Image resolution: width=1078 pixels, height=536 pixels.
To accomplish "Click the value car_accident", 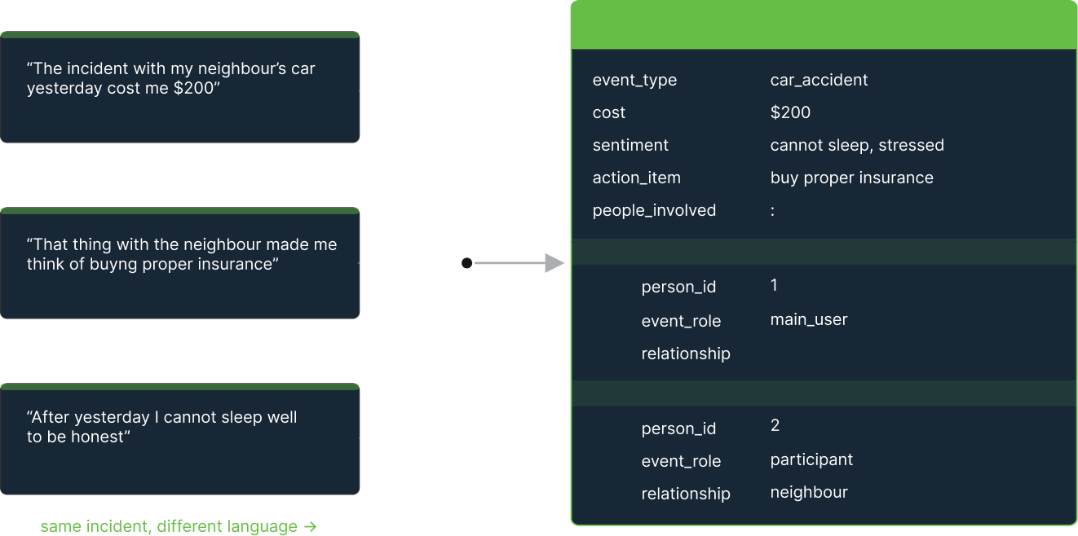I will [x=819, y=80].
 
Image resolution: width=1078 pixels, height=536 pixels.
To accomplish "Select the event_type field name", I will [x=634, y=80].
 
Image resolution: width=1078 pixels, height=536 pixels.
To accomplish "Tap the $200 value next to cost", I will [x=790, y=112].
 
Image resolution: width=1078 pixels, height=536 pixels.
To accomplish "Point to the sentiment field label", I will [x=630, y=145].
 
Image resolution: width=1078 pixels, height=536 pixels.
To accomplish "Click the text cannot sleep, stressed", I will [x=857, y=145].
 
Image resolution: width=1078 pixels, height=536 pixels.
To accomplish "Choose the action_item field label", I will [x=636, y=178].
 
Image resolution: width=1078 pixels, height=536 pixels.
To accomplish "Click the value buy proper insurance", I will [x=851, y=178].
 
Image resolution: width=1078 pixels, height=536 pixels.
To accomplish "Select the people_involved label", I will [x=654, y=210].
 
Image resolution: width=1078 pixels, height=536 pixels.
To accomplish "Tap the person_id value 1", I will [x=774, y=285].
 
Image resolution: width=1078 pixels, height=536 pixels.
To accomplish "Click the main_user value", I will [x=808, y=319].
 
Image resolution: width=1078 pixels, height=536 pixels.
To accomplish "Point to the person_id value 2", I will [x=775, y=425].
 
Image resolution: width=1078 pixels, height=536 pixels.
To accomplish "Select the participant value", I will [x=811, y=459].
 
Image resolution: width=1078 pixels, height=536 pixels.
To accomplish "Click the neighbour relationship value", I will [x=808, y=492].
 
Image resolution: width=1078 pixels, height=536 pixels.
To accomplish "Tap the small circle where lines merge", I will [x=466, y=263].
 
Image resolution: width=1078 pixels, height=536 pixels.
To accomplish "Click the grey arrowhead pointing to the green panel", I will [x=554, y=263].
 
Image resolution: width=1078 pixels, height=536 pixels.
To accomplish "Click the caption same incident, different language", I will [x=178, y=526].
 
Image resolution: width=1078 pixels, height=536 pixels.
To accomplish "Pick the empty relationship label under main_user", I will [x=685, y=354].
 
